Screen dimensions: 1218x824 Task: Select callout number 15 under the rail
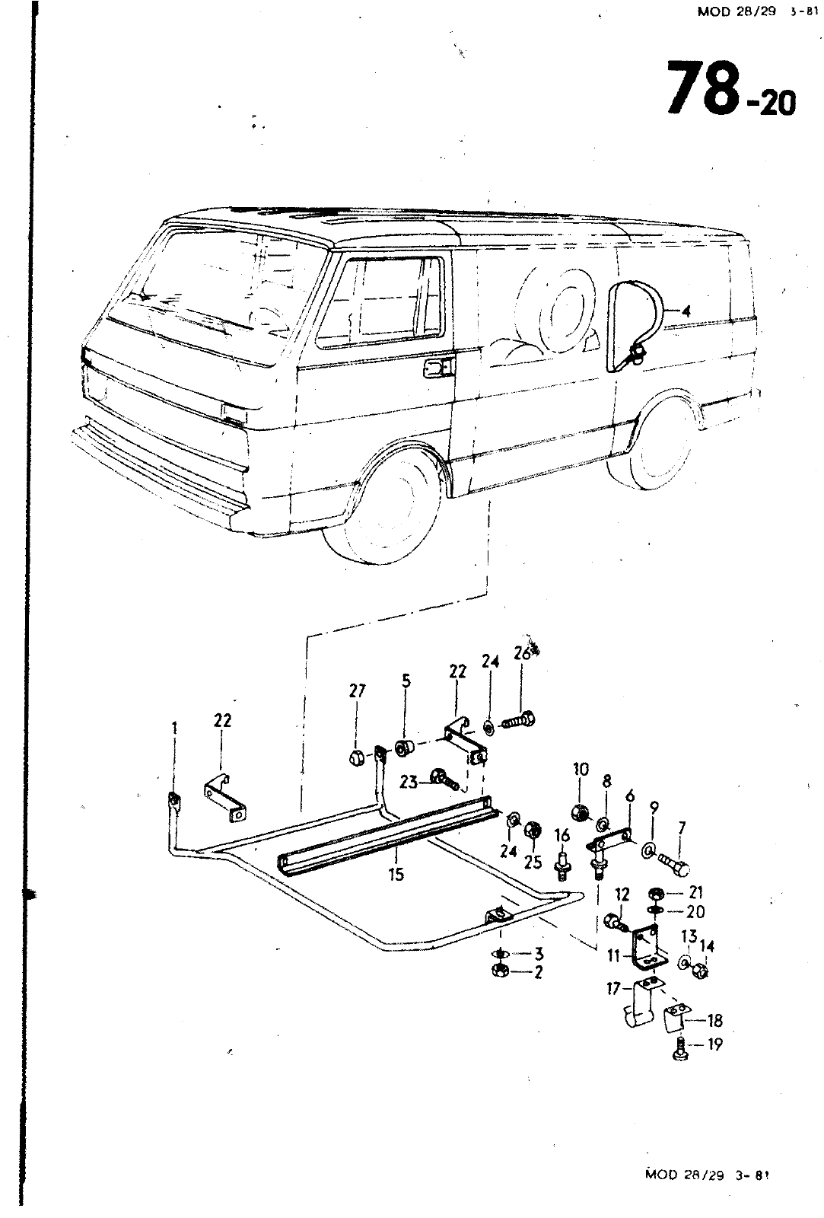coord(396,875)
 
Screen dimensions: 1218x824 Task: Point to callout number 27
coord(357,691)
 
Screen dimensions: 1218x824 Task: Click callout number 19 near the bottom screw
coord(714,1044)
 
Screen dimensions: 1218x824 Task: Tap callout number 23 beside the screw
coord(409,781)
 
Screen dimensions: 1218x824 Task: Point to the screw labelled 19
coord(679,1049)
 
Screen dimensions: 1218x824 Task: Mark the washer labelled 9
coord(651,850)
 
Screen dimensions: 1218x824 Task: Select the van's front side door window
coord(381,301)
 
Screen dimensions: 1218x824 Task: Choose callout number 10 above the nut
coord(581,769)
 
